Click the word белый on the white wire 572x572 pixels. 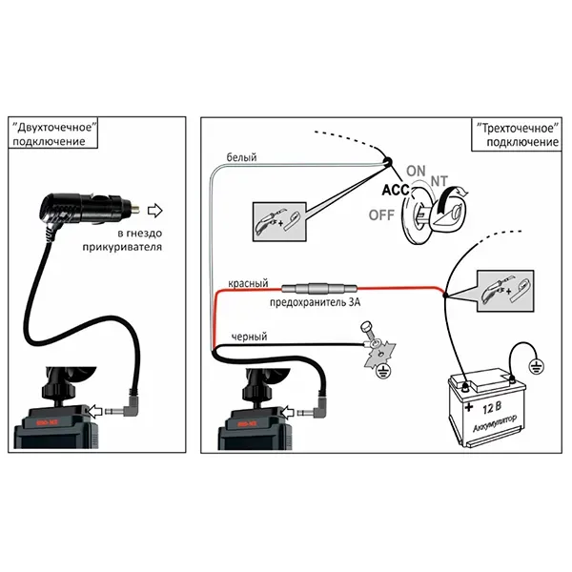tap(241, 157)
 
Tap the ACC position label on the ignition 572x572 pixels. tap(396, 190)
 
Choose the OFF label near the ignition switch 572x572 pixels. tap(382, 214)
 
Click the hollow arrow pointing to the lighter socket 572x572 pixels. tap(158, 210)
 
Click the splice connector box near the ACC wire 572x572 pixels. tap(277, 218)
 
